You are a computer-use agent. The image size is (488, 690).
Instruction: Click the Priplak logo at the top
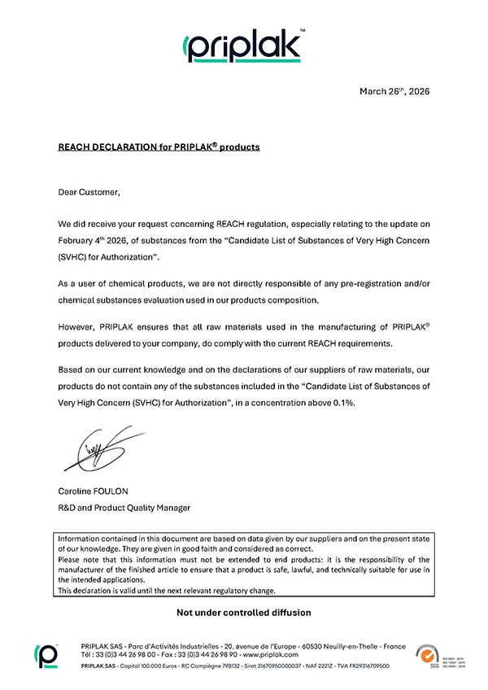pyautogui.click(x=244, y=46)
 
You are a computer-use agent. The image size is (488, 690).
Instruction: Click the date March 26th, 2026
pyautogui.click(x=394, y=91)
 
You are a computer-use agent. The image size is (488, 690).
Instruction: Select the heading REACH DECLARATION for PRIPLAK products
pyautogui.click(x=159, y=147)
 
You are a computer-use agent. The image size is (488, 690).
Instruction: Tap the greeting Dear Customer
pyautogui.click(x=89, y=193)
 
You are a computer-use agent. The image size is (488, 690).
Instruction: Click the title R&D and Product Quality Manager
pyautogui.click(x=124, y=508)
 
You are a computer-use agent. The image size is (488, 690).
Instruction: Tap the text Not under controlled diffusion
pyautogui.click(x=244, y=611)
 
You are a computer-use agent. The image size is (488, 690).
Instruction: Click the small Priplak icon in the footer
pyautogui.click(x=45, y=653)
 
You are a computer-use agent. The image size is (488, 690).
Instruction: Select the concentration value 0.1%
pyautogui.click(x=342, y=402)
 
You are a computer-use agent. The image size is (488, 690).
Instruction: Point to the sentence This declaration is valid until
pyautogui.click(x=122, y=591)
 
